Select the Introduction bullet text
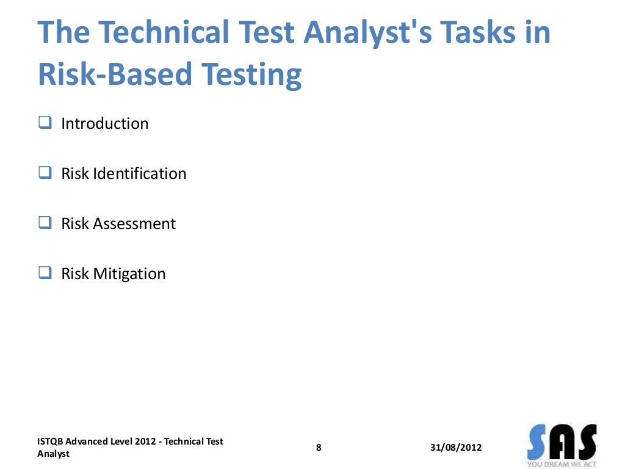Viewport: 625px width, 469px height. tap(104, 123)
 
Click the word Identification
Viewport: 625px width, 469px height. tap(140, 173)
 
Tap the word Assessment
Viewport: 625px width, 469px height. tap(134, 224)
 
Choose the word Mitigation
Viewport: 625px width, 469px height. tap(129, 274)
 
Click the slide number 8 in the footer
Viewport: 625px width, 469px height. tap(319, 448)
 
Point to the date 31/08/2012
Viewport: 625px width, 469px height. tap(456, 448)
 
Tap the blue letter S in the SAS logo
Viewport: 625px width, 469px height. tap(539, 443)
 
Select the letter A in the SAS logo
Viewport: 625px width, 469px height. tap(563, 443)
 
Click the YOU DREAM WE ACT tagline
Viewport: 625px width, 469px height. tap(562, 465)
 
